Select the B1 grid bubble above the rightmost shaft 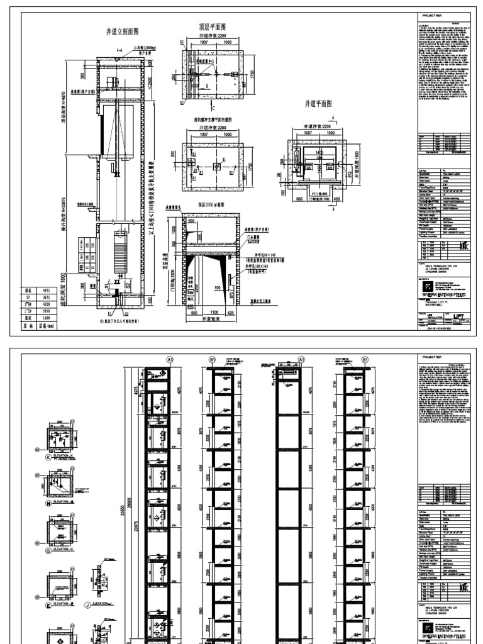tap(366, 359)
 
